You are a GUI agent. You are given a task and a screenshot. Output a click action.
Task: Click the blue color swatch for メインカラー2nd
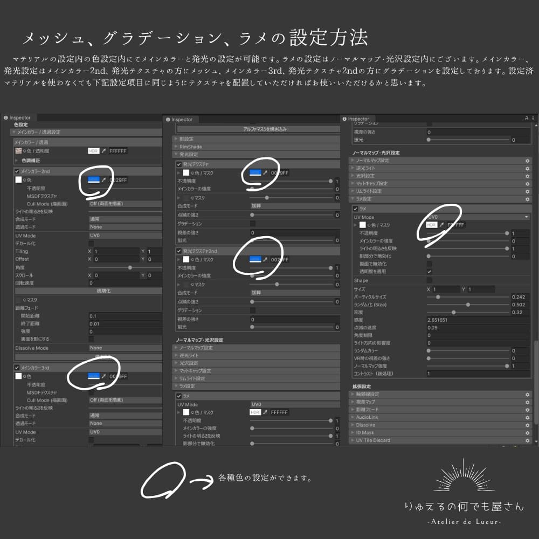click(x=94, y=179)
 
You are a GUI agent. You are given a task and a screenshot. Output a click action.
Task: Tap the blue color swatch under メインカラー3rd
click(x=94, y=376)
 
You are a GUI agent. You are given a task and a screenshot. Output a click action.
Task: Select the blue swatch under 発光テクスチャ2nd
click(x=255, y=259)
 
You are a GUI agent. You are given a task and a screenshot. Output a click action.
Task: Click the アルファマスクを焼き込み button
click(x=257, y=129)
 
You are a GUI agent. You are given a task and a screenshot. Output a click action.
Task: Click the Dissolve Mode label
click(x=31, y=348)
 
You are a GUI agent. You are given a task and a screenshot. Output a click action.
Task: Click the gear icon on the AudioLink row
click(x=527, y=417)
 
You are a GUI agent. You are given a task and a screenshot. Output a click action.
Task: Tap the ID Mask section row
click(x=365, y=433)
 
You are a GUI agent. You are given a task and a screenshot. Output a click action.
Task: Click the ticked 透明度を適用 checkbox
click(x=429, y=272)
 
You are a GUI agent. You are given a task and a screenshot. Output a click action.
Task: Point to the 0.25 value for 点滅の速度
click(x=432, y=328)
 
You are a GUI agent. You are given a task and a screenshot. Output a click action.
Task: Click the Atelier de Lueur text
click(x=464, y=522)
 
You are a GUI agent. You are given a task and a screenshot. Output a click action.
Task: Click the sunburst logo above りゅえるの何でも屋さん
click(x=464, y=476)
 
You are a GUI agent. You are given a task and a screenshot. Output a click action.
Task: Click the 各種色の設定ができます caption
click(x=265, y=478)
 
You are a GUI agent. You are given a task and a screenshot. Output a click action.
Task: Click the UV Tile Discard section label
click(x=373, y=440)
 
